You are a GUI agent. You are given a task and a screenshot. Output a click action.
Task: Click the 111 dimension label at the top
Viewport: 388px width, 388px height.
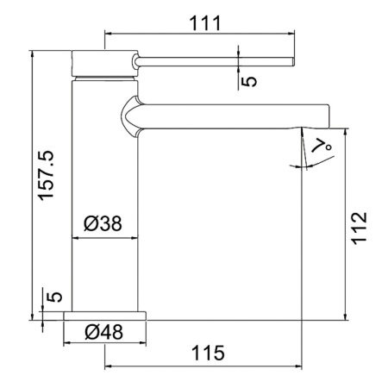click(x=205, y=23)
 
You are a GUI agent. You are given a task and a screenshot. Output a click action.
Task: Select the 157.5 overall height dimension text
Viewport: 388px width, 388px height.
click(x=47, y=175)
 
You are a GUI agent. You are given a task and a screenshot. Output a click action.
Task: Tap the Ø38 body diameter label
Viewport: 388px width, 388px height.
click(x=103, y=223)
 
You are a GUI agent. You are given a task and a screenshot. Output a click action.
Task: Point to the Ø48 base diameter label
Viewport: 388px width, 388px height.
click(x=103, y=332)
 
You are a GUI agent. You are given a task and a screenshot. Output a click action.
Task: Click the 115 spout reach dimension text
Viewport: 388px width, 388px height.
click(x=208, y=353)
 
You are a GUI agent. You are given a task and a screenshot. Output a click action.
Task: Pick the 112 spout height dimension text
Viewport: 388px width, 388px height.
click(x=360, y=228)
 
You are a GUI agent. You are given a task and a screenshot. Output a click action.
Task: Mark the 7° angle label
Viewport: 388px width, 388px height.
click(x=322, y=146)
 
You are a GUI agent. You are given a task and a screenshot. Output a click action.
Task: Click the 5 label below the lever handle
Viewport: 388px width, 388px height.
click(x=249, y=81)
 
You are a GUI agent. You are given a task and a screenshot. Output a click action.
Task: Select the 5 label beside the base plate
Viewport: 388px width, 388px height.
click(x=54, y=297)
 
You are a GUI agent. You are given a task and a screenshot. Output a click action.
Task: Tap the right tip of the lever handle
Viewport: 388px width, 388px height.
click(x=294, y=61)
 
